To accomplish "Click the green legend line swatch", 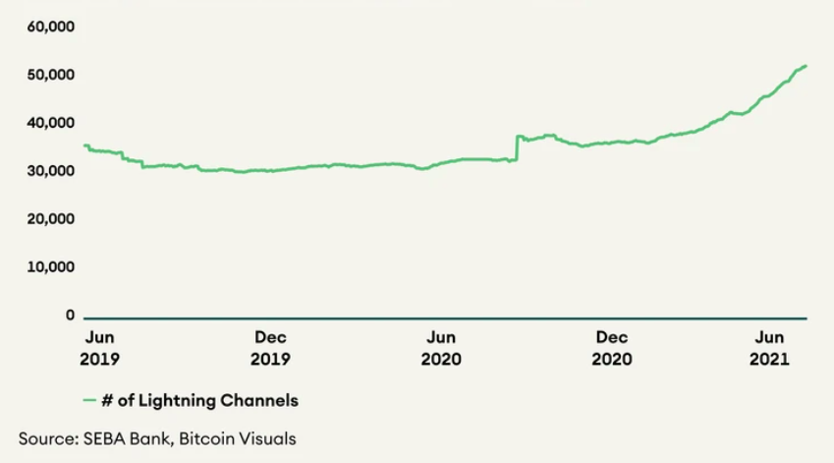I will click(93, 401).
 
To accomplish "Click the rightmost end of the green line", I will click(806, 66).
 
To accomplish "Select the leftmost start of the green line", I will click(84, 145).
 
